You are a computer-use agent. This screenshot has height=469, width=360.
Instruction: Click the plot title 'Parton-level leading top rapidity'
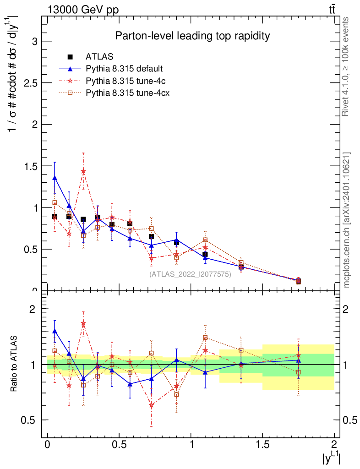pos(192,36)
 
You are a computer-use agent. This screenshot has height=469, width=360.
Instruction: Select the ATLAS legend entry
pos(99,57)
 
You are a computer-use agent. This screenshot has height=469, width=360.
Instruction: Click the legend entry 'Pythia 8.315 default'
pos(124,69)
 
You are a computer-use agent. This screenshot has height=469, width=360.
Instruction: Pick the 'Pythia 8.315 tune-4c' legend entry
pos(124,81)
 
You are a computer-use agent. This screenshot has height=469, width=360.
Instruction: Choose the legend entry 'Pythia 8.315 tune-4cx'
pos(125,93)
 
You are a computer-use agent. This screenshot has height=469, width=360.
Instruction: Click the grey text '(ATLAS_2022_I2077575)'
pos(190,274)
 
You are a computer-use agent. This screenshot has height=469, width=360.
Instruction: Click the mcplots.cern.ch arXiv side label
pos(347,220)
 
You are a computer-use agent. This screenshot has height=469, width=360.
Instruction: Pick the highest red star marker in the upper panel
pos(83,171)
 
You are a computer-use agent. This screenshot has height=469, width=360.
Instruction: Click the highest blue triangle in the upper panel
pos(55,178)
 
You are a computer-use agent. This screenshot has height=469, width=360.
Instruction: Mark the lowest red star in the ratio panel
pos(151,405)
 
